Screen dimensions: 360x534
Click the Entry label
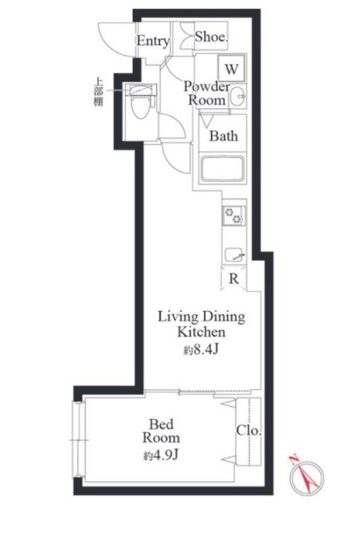point(152,42)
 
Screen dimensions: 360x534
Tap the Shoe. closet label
point(211,37)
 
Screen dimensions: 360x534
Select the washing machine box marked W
point(232,68)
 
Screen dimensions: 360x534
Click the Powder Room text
point(207,93)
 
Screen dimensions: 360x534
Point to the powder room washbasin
point(238,97)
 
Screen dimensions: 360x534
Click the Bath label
point(223,136)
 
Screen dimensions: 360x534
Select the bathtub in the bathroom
point(223,169)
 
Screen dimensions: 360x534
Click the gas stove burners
point(233,215)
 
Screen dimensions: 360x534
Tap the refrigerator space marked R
point(233,279)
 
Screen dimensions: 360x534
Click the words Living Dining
point(201,317)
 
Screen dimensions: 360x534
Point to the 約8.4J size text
point(201,350)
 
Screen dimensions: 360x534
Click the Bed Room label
point(161,431)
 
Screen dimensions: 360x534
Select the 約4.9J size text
point(161,455)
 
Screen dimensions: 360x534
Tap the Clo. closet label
point(249,431)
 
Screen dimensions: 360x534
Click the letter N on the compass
point(294,458)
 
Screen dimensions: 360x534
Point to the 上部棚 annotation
point(98,92)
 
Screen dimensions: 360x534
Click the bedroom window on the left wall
point(78,440)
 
